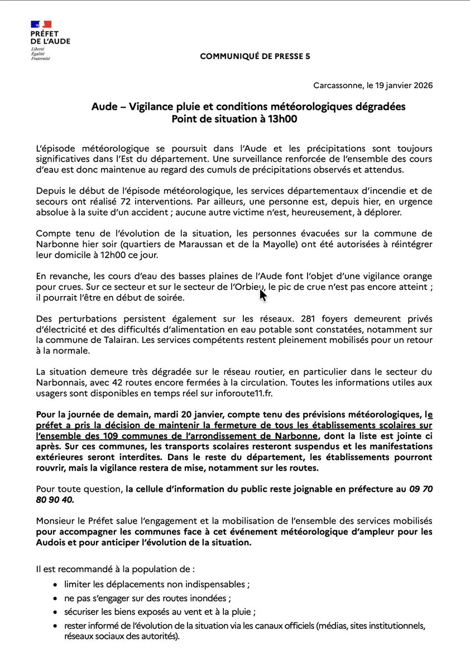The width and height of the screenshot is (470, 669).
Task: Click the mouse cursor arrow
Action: click(x=262, y=294)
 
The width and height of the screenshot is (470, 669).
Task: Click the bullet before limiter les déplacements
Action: click(x=55, y=585)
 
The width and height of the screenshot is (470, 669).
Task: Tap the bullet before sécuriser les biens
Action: click(x=55, y=612)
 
